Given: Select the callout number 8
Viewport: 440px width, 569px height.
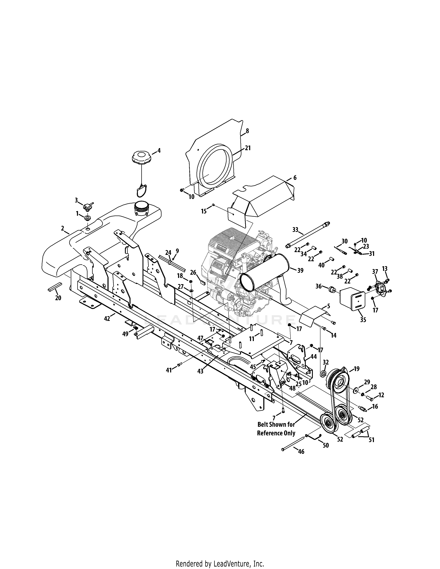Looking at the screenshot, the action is click(x=247, y=131).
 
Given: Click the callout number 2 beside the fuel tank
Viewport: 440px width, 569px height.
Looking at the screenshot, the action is click(x=63, y=228).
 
